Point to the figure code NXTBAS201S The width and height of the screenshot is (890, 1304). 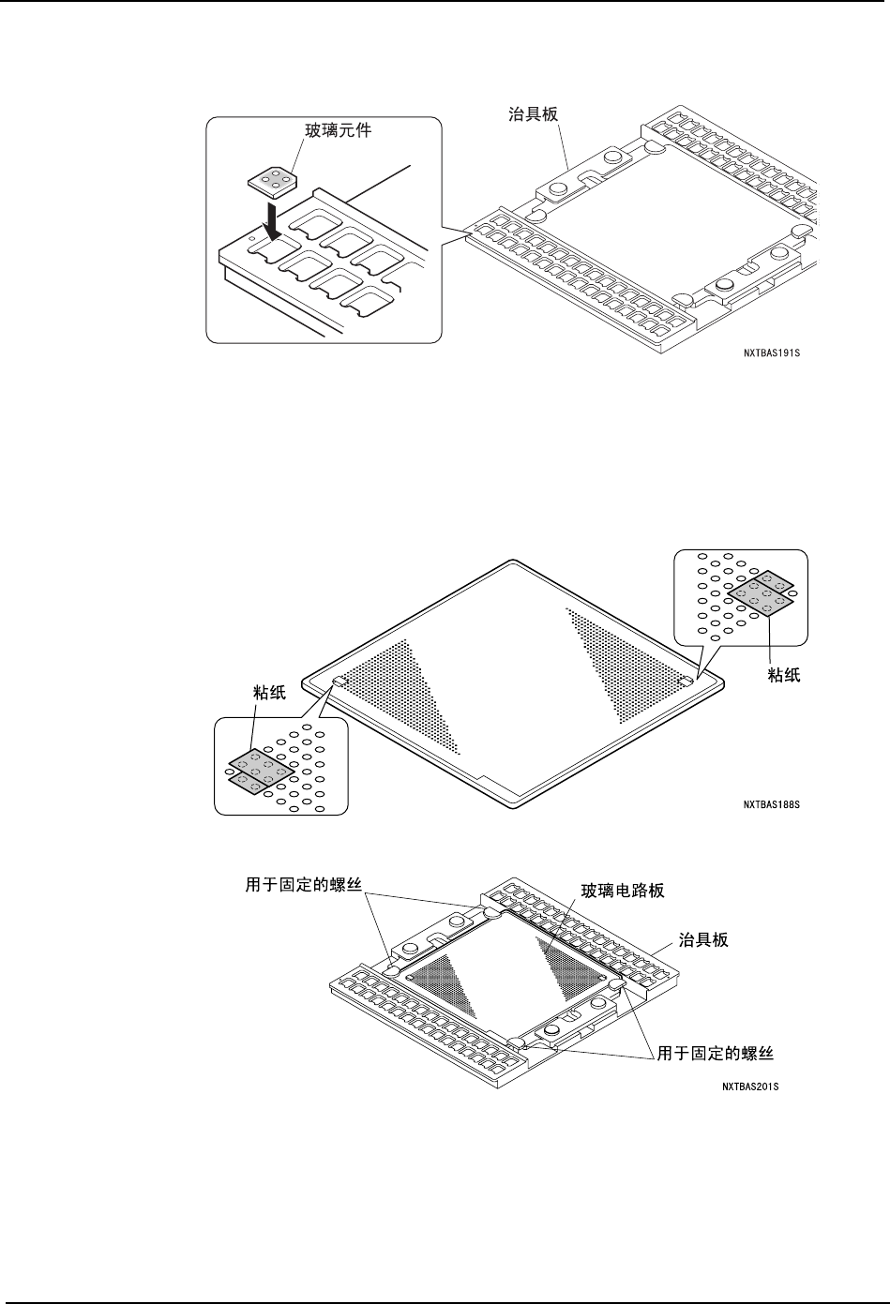pyautogui.click(x=751, y=1087)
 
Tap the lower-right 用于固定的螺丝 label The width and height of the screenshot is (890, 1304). pyautogui.click(x=715, y=1054)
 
